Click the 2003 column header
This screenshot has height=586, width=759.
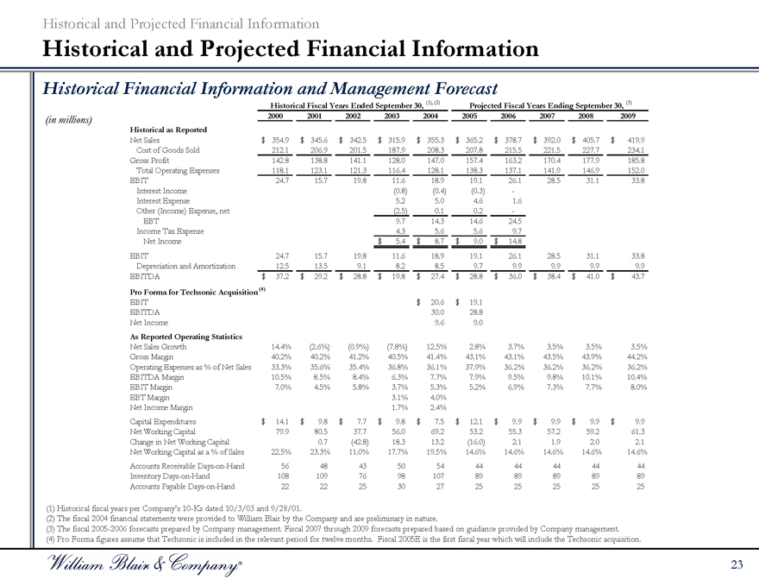(x=392, y=116)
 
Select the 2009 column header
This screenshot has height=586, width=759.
(x=627, y=116)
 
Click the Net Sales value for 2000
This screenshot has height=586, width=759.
(x=278, y=139)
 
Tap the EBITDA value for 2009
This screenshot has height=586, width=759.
(x=632, y=274)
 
